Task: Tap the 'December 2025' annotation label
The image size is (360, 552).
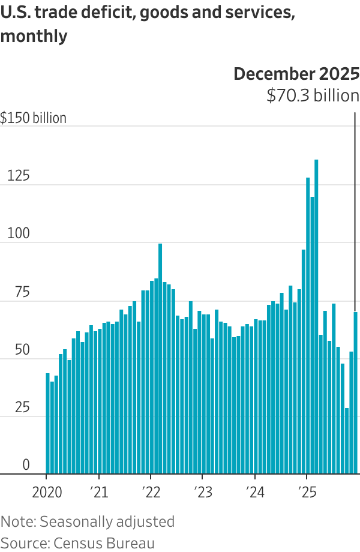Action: pos(296,74)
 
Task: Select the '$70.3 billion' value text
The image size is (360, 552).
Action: pos(313,95)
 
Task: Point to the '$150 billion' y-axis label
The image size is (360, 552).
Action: pos(34,118)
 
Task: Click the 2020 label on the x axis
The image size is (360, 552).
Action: pos(46,493)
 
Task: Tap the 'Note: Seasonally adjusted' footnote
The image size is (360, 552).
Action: pos(88,521)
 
